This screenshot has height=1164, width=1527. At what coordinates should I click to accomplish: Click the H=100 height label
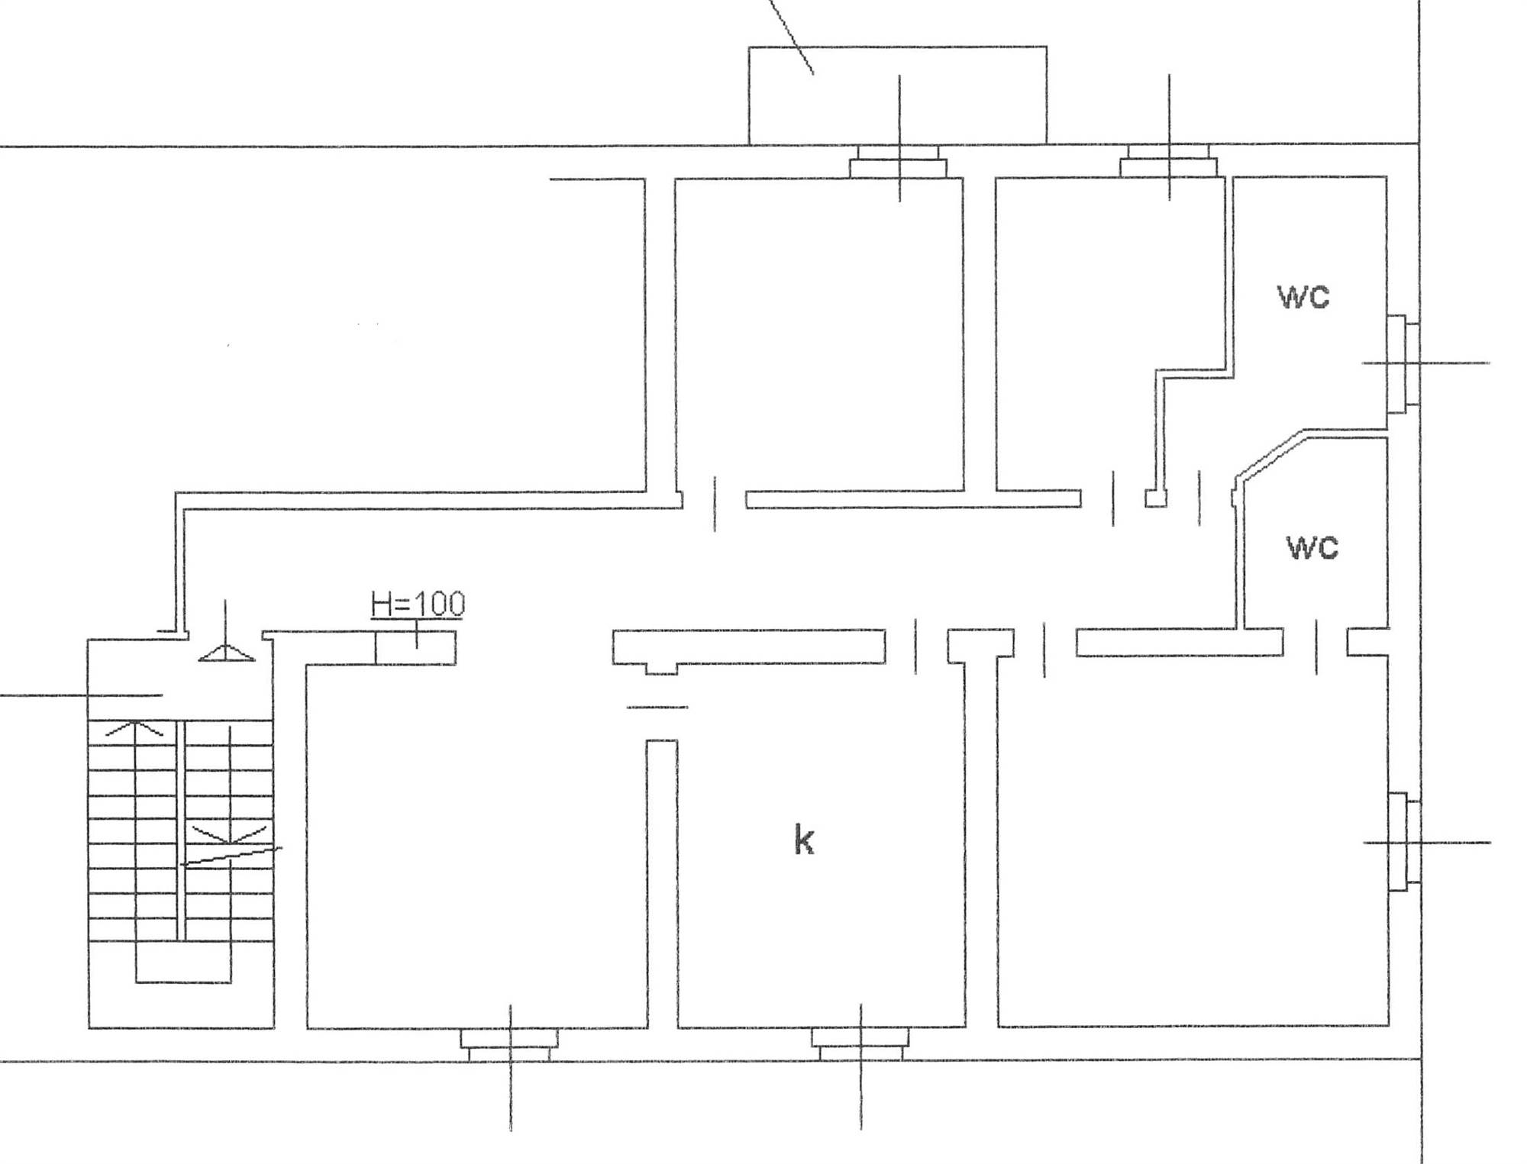(417, 604)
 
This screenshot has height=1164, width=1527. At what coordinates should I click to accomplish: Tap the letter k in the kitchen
(804, 840)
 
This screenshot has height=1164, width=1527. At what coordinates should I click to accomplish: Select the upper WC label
(1303, 297)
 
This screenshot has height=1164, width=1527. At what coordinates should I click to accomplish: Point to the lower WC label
(1312, 547)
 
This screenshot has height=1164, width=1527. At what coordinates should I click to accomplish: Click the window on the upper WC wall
(1403, 363)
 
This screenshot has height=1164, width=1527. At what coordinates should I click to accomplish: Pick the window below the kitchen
(860, 1043)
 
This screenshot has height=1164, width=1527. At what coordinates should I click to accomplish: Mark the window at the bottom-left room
(509, 1043)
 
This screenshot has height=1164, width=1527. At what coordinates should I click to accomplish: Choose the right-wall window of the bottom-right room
(1404, 842)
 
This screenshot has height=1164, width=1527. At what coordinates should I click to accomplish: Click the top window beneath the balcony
(899, 161)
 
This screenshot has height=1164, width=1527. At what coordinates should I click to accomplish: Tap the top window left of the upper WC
(1168, 161)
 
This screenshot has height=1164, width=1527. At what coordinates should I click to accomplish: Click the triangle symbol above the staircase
(227, 653)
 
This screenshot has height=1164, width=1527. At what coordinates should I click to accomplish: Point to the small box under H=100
(415, 648)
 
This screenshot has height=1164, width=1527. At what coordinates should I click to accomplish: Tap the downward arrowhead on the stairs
(229, 834)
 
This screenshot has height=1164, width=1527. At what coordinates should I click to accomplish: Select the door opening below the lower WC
(1316, 646)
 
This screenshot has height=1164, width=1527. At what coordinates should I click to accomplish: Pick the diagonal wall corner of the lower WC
(1268, 456)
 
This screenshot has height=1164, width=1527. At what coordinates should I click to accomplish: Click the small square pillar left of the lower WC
(1156, 498)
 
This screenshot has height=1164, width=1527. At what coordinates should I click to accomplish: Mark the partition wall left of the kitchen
(662, 884)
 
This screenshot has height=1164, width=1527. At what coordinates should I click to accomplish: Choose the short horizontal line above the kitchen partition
(657, 708)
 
